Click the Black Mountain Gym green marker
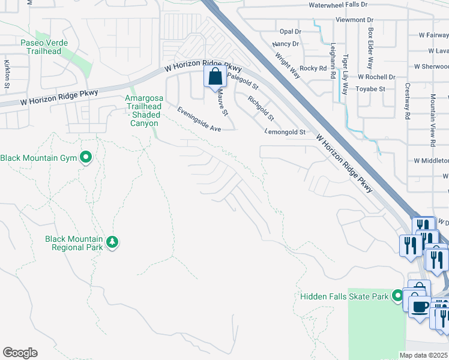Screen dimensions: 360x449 tap(86, 158)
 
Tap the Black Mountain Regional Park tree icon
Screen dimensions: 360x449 tap(112, 242)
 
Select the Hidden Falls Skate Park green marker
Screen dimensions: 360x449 tap(397, 295)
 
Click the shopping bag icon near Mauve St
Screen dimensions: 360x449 tap(215, 77)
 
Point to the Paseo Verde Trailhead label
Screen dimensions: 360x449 tap(44, 47)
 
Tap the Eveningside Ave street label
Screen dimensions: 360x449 tap(199, 119)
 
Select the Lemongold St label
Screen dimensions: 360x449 tap(285, 132)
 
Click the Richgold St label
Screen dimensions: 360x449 tap(261, 109)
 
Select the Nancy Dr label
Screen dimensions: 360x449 tap(285, 44)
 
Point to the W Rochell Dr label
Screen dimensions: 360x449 tap(376, 77)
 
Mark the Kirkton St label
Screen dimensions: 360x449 tap(7, 74)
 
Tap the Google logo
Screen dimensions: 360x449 tap(20, 353)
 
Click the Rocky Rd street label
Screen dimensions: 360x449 tap(313, 68)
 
